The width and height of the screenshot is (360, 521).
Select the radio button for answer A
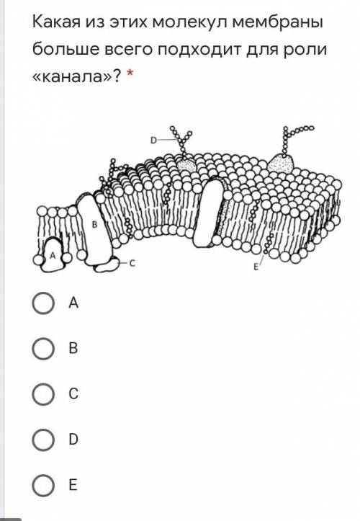coord(43,303)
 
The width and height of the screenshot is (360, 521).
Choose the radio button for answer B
coord(43,348)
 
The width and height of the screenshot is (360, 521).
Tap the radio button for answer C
coord(43,393)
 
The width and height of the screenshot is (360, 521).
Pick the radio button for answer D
coord(43,440)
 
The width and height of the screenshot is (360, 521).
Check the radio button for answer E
coord(43,485)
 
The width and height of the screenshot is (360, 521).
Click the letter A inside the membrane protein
coord(52,256)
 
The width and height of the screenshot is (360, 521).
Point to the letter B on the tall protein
coord(94,225)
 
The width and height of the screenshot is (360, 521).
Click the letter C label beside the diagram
coord(132,264)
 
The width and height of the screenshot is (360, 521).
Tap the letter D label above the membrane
coord(153,141)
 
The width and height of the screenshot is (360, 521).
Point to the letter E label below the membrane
coord(256,267)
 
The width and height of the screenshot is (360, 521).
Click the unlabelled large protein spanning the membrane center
coord(210,212)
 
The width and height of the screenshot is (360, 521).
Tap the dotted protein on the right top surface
coord(281,164)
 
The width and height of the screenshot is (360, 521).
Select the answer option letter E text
coord(73,485)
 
